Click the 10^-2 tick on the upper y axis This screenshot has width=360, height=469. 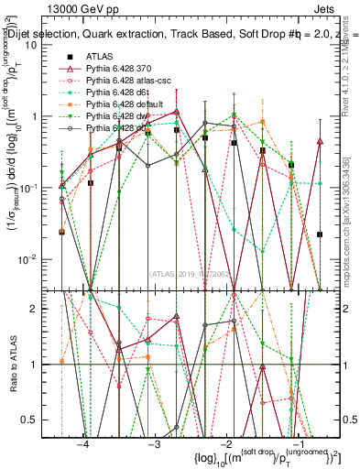(x=34, y=258)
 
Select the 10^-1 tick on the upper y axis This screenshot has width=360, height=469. (x=34, y=188)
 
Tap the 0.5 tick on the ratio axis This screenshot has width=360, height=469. (x=35, y=420)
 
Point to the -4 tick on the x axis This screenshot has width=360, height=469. (x=83, y=442)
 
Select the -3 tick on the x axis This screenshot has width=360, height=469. (x=155, y=442)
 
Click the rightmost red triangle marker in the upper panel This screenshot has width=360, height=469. (x=319, y=141)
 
